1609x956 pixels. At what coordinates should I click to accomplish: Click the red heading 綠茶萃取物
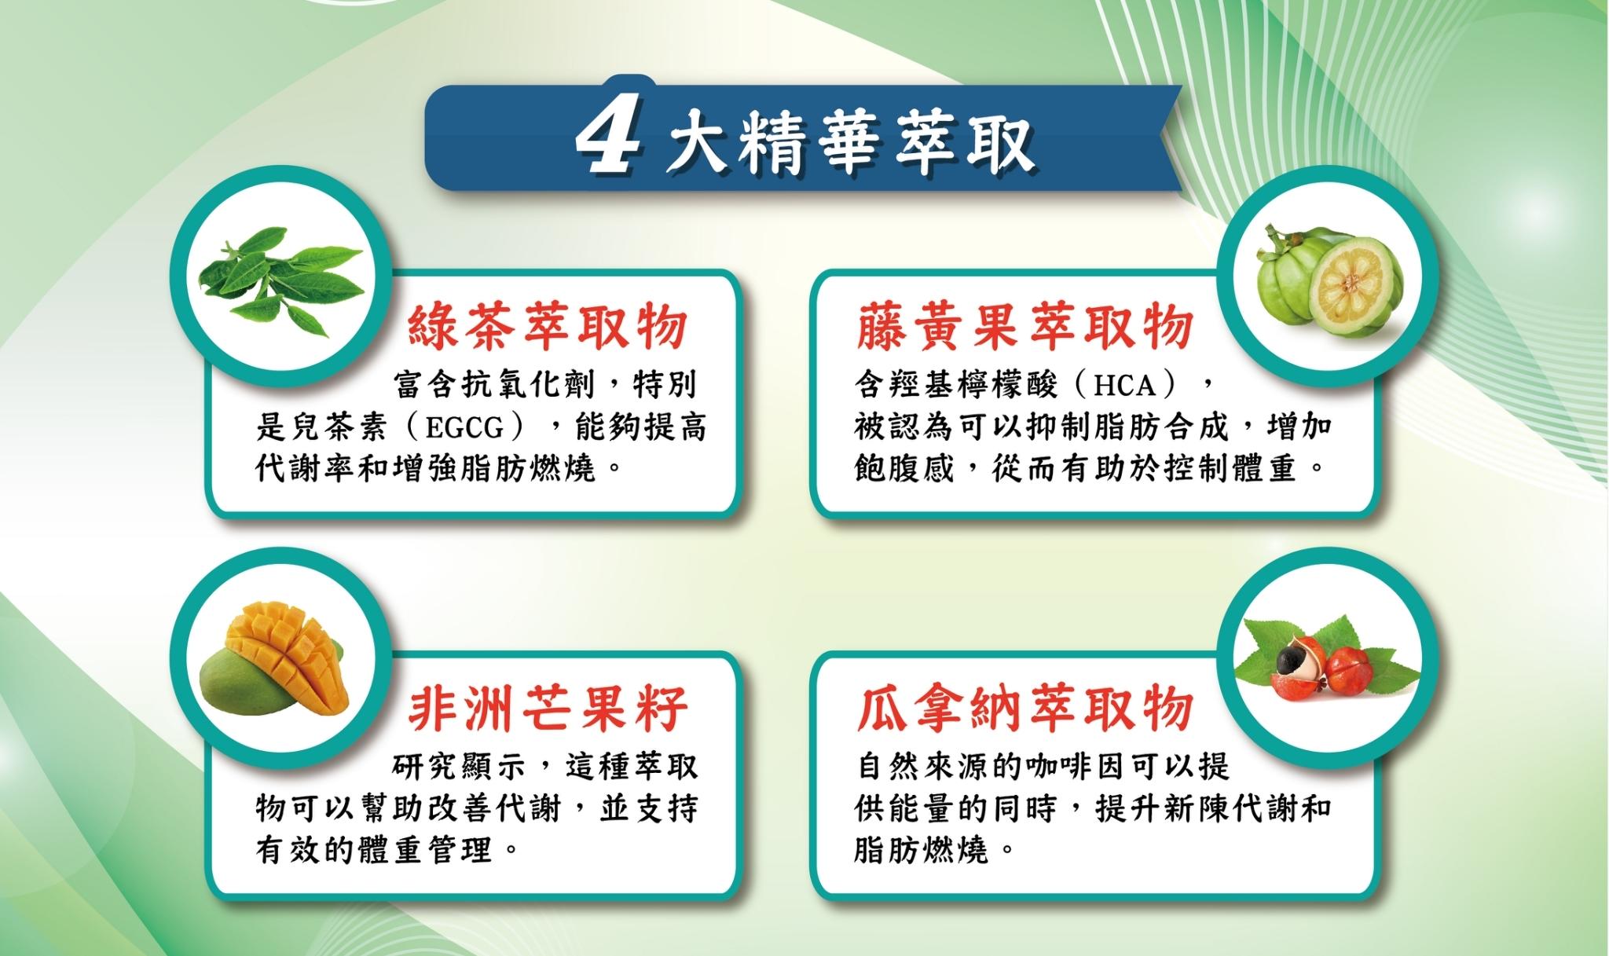[548, 325]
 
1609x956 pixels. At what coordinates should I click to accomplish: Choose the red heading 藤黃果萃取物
[1025, 325]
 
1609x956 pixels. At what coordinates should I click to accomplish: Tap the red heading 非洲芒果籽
[548, 707]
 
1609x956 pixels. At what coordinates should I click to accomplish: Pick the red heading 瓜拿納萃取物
[1025, 707]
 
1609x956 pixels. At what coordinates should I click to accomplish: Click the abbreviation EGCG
[464, 428]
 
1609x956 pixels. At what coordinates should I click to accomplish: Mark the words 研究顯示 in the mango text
[458, 767]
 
